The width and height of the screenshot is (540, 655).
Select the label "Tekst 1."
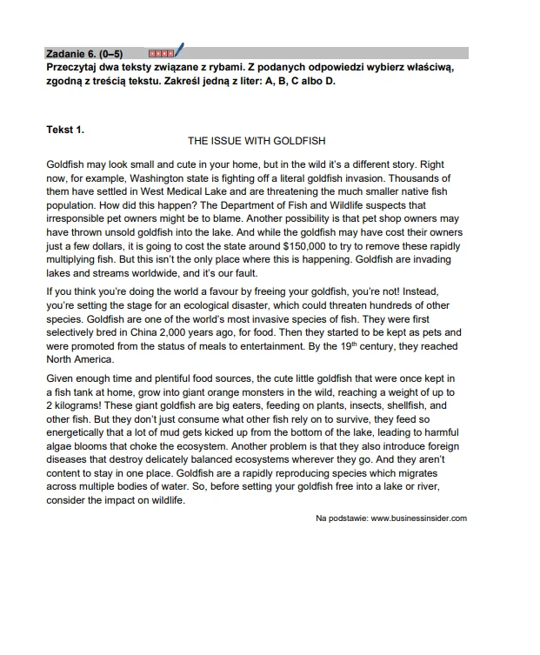[65, 130]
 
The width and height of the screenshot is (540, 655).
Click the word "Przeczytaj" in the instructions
[75, 66]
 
